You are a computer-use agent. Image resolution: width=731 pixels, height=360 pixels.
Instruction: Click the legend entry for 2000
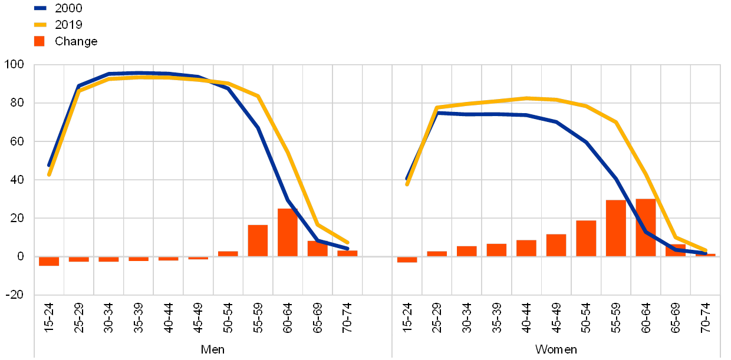tap(68, 8)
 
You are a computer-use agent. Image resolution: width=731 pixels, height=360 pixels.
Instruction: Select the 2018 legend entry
tap(68, 25)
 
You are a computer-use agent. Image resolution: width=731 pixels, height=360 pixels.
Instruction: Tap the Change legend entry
tap(75, 41)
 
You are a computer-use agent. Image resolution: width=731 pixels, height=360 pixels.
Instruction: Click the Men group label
tap(213, 349)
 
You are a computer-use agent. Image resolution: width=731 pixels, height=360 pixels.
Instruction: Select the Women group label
tap(555, 349)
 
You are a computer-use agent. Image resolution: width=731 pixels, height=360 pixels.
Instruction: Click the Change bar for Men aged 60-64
tap(288, 233)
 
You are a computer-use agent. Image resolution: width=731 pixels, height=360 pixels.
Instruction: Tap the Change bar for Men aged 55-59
tap(258, 240)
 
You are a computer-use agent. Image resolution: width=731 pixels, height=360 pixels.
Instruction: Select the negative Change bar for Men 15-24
tap(49, 261)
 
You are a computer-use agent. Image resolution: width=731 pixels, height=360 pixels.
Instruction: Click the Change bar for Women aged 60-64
tap(646, 227)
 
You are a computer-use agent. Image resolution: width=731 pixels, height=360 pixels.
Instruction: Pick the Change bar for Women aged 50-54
tap(586, 238)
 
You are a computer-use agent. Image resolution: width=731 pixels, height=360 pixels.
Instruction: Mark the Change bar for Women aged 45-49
tap(556, 245)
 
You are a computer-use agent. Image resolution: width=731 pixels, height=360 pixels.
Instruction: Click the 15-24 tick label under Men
tap(49, 318)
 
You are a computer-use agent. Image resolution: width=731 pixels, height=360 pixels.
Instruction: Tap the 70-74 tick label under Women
tap(705, 318)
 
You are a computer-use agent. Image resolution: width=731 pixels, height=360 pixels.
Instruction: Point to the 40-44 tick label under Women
tap(526, 318)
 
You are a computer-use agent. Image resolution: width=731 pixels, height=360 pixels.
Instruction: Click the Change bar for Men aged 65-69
tap(317, 248)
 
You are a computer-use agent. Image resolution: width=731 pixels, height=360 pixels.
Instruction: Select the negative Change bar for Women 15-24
tap(407, 259)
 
